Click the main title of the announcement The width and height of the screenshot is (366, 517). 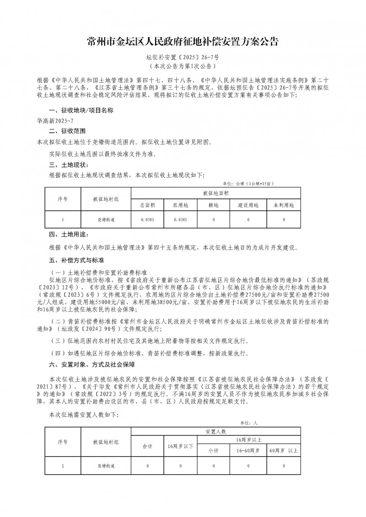click(x=183, y=42)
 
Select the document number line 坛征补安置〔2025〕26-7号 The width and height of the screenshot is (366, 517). click(x=183, y=58)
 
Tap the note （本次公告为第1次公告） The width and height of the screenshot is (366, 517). click(x=183, y=67)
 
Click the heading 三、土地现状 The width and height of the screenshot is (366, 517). click(x=68, y=165)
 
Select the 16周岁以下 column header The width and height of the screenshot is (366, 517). click(x=181, y=445)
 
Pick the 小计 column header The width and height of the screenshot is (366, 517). click(x=214, y=450)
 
